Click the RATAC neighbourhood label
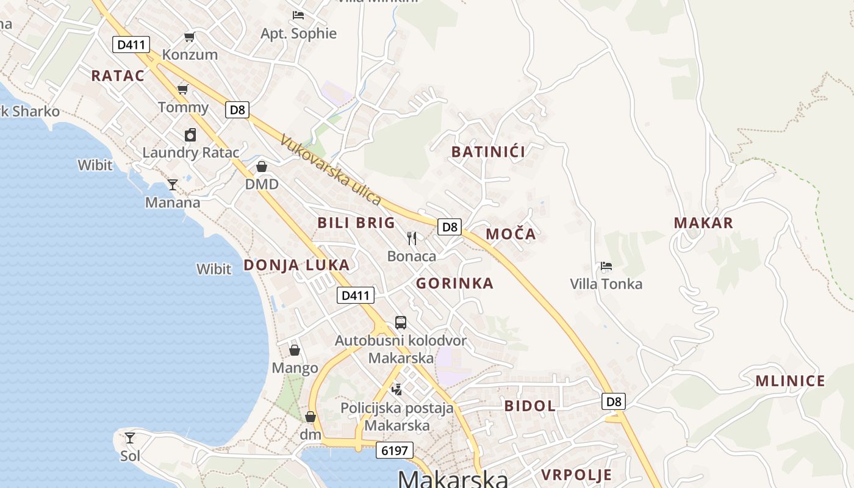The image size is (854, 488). click(x=118, y=76)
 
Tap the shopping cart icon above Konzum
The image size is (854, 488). click(x=190, y=37)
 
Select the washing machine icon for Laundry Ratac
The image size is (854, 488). click(x=190, y=135)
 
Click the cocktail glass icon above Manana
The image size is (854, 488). click(x=173, y=184)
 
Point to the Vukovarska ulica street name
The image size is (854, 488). click(x=331, y=170)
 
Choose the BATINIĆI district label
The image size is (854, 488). click(x=488, y=152)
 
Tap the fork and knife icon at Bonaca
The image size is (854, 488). click(x=412, y=238)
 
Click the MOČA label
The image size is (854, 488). click(x=511, y=234)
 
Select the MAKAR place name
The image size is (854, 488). click(x=703, y=223)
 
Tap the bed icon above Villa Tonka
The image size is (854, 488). click(x=606, y=266)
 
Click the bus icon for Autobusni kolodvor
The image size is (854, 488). click(x=401, y=323)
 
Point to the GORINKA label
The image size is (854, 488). click(x=454, y=283)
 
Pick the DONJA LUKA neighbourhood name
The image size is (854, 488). click(x=296, y=265)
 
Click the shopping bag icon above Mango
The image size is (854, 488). click(x=295, y=350)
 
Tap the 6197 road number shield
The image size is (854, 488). click(x=395, y=451)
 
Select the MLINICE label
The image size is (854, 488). click(x=790, y=381)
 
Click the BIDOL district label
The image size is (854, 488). click(x=529, y=406)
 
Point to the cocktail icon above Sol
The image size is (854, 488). click(x=130, y=437)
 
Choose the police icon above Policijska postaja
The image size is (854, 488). click(x=397, y=389)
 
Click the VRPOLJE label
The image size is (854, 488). click(x=576, y=475)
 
